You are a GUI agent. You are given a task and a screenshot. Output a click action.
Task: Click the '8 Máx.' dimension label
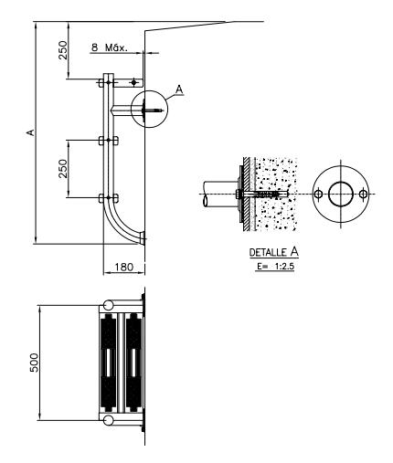pyautogui.click(x=109, y=47)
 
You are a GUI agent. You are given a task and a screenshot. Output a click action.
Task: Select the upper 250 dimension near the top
pyautogui.click(x=63, y=50)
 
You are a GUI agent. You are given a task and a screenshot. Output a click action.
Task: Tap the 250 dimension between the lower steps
pyautogui.click(x=63, y=168)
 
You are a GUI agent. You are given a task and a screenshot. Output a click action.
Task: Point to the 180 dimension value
pyautogui.click(x=124, y=267)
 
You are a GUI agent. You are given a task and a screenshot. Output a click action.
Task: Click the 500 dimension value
pyautogui.click(x=35, y=363)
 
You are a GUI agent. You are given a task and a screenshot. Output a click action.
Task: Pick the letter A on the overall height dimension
pyautogui.click(x=30, y=132)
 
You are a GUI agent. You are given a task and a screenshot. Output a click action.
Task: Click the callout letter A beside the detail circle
pyautogui.click(x=180, y=89)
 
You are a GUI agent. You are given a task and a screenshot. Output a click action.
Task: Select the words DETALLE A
pyautogui.click(x=274, y=252)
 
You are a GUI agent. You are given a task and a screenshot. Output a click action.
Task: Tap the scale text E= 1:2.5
pyautogui.click(x=275, y=267)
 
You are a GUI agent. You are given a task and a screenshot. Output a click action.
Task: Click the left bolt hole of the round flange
pyautogui.click(x=318, y=194)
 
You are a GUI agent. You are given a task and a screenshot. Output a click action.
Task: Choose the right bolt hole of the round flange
pyautogui.click(x=363, y=194)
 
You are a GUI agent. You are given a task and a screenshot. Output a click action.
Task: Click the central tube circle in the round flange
pyautogui.click(x=341, y=195)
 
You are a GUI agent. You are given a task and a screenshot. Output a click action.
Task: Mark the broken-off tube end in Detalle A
pyautogui.click(x=206, y=201)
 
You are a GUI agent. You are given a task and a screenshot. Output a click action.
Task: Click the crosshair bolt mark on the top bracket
pyautogui.click(x=133, y=82)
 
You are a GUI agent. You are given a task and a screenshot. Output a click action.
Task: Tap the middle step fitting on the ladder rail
pyautogui.click(x=109, y=141)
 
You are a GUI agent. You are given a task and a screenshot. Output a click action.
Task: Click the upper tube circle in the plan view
pyautogui.click(x=109, y=305)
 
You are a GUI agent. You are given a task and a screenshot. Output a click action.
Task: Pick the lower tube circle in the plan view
pyautogui.click(x=109, y=420)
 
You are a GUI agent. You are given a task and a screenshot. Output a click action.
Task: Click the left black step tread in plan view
pyautogui.click(x=109, y=363)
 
